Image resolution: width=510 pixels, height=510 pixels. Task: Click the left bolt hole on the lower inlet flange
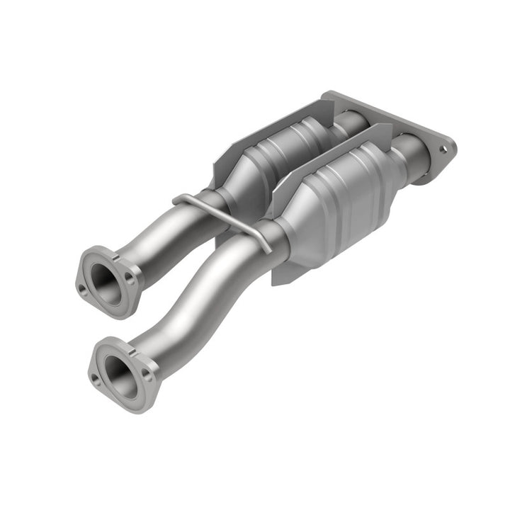(x=96, y=380)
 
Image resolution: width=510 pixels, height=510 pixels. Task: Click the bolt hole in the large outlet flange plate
(x=443, y=149)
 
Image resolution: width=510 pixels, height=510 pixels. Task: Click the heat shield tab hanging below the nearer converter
(x=283, y=273)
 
